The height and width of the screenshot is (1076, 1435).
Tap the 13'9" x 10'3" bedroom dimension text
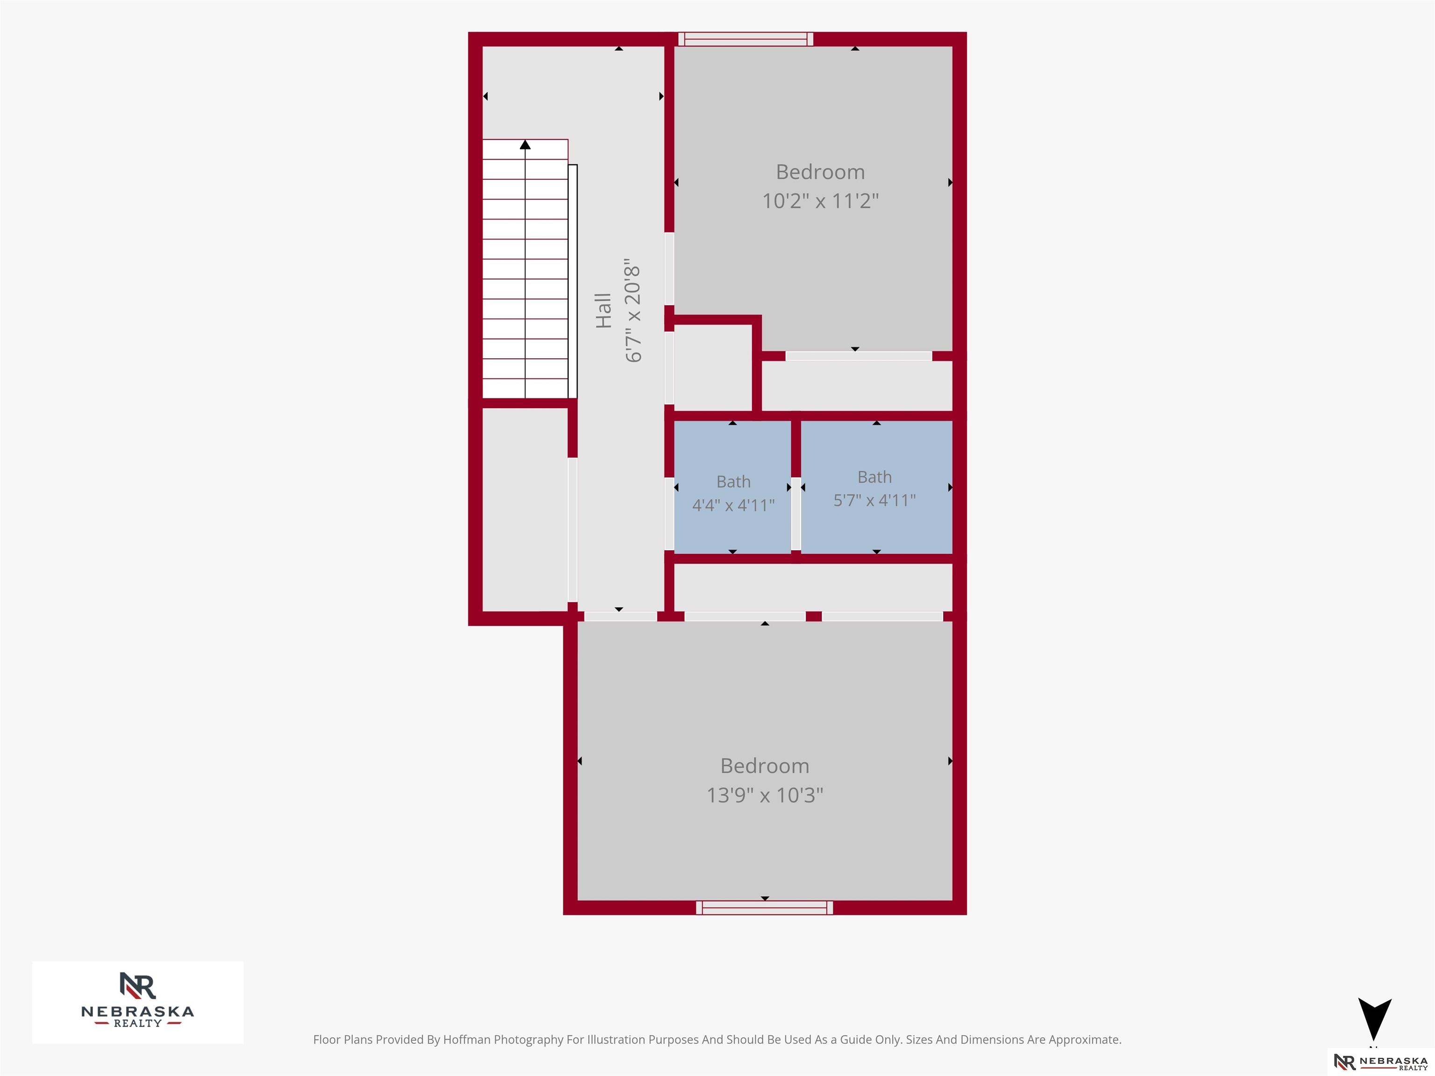tap(765, 795)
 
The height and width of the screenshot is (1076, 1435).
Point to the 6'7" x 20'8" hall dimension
tap(632, 313)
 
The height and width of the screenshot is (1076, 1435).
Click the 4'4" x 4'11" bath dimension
tap(733, 505)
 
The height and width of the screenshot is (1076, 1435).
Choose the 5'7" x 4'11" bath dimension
tap(874, 500)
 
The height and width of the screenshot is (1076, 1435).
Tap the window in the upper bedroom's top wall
tap(746, 39)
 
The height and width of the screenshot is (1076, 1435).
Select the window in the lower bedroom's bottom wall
tap(764, 907)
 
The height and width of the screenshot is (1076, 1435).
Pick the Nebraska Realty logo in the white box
tap(137, 1002)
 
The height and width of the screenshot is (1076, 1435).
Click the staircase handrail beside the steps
tap(573, 282)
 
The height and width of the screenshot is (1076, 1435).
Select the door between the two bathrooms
tap(796, 513)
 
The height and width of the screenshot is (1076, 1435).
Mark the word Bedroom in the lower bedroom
tap(765, 766)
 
